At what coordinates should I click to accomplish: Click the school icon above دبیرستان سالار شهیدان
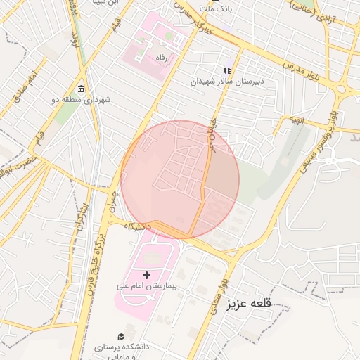coord(227,70)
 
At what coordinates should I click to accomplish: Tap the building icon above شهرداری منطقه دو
coord(82,89)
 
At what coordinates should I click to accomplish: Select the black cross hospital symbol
coord(146,274)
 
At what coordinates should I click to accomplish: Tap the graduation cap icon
coord(121,336)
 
